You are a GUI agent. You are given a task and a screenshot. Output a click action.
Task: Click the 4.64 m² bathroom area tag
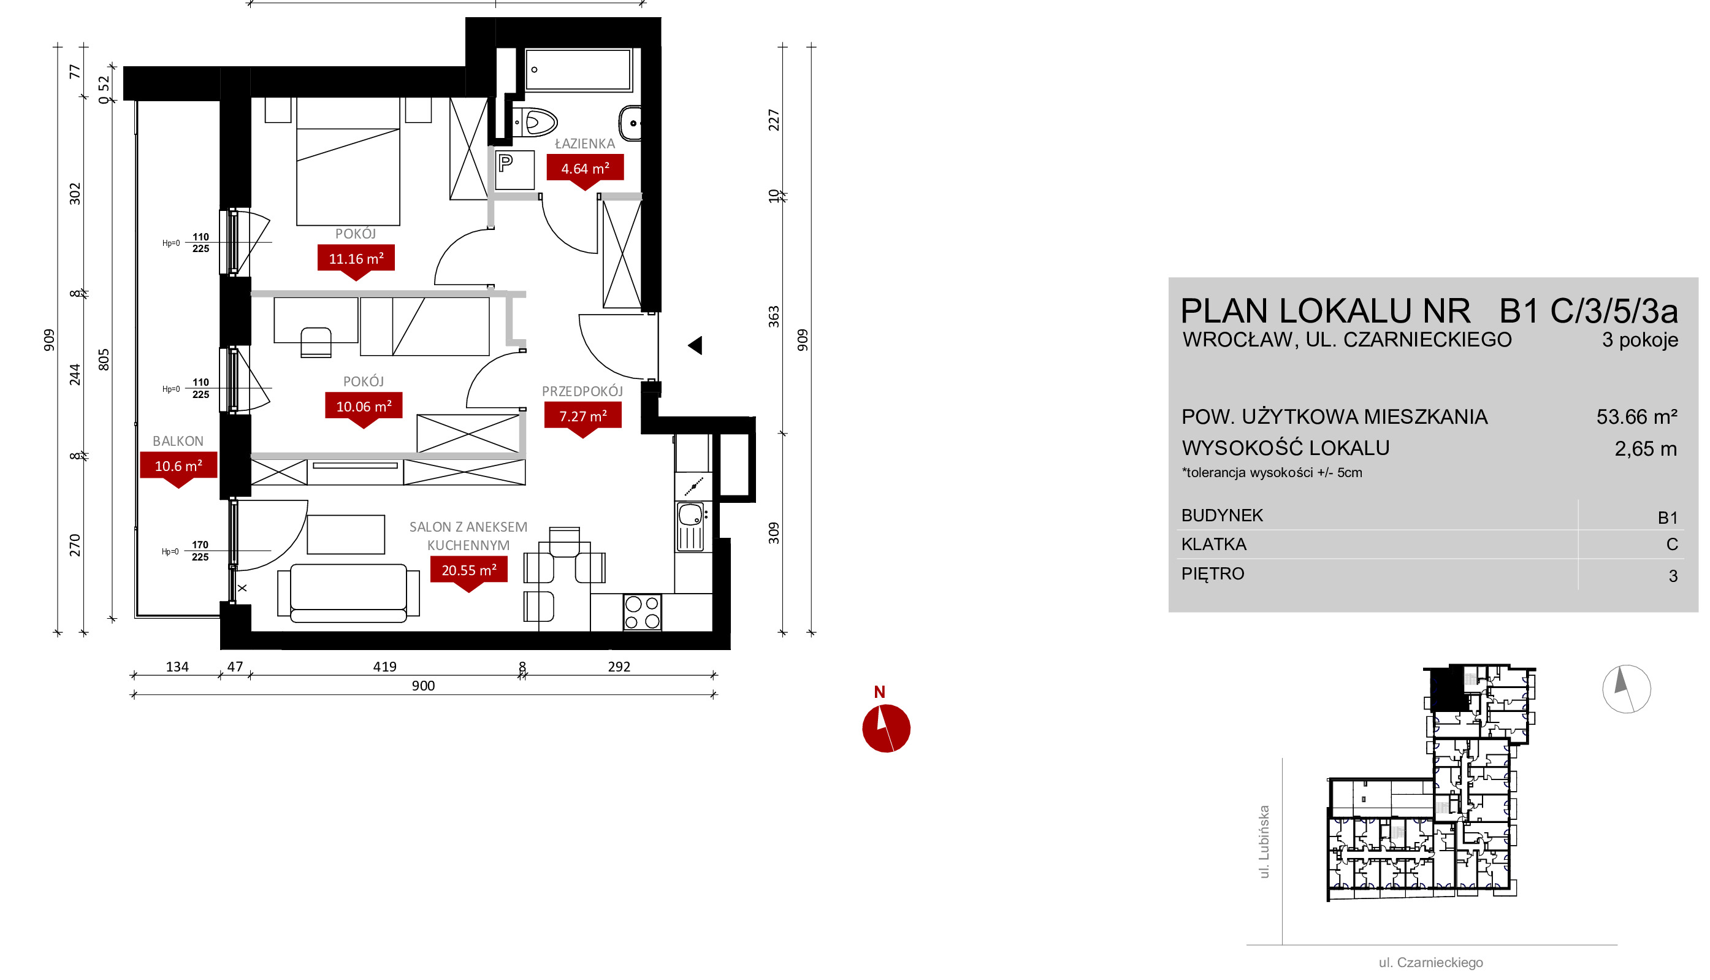584,168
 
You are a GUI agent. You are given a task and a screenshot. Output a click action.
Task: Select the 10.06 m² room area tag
363,407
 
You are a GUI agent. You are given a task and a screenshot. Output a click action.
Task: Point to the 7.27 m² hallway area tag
582,416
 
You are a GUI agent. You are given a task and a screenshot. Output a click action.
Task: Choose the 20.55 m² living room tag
469,570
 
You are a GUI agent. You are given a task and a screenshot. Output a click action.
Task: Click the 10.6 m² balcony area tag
178,465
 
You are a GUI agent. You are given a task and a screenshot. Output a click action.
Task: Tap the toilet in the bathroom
535,123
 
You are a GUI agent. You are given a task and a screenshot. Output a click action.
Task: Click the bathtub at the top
579,69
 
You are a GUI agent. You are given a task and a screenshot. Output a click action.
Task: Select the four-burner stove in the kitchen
642,613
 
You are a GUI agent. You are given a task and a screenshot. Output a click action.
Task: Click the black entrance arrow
695,345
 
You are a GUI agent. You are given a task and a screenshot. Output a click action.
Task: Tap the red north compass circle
886,729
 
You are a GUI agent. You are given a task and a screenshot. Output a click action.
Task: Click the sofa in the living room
348,592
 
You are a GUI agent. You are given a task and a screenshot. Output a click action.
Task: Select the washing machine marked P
515,170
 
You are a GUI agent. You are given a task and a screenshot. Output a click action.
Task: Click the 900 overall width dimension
423,686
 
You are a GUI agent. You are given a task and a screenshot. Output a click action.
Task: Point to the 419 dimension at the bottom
385,667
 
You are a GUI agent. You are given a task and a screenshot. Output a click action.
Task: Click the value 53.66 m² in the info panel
1636,417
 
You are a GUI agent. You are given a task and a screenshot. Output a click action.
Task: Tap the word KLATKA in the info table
1214,545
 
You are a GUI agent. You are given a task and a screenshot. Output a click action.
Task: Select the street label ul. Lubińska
1264,842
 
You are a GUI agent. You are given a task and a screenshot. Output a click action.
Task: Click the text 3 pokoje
1640,340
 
